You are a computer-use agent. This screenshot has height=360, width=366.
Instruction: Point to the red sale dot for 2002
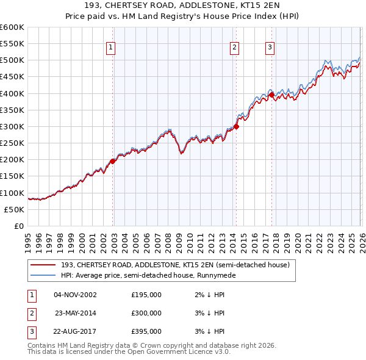pyautogui.click(x=113, y=161)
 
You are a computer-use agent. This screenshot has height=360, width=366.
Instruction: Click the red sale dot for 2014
pyautogui.click(x=237, y=126)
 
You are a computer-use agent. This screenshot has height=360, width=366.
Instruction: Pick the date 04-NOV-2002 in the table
pyautogui.click(x=75, y=295)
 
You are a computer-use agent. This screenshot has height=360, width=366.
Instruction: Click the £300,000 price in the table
pyautogui.click(x=146, y=313)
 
